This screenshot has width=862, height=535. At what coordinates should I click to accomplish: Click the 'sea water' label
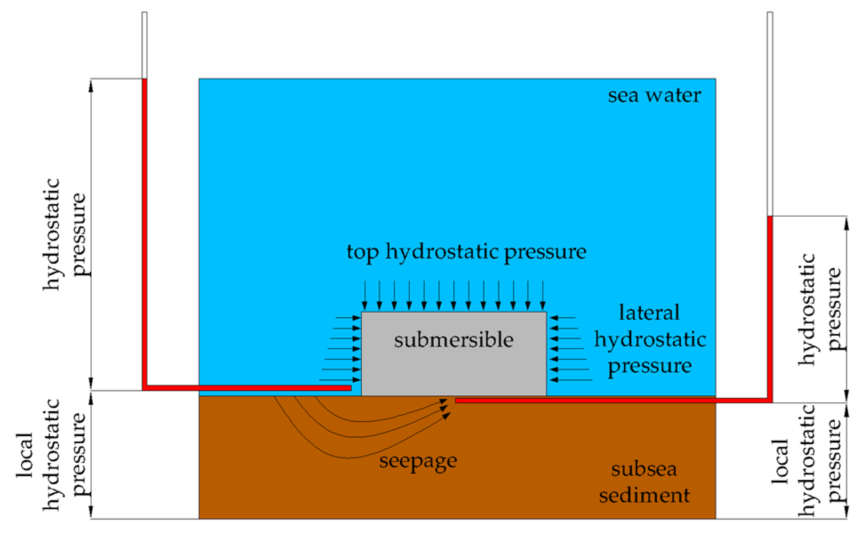point(654,96)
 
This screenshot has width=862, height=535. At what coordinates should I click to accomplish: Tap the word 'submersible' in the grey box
point(454,340)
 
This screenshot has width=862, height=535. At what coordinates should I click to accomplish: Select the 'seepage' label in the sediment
point(418,461)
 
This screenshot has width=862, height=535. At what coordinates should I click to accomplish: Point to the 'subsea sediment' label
point(644,482)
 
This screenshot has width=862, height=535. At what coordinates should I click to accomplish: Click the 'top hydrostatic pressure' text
point(466,252)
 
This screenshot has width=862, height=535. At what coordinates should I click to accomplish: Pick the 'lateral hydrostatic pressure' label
point(650,340)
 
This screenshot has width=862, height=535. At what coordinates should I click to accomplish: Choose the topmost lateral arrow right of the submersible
point(563,318)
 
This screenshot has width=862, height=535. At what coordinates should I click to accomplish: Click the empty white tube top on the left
point(144,44)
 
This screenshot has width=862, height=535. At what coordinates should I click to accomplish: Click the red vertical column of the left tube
point(144,231)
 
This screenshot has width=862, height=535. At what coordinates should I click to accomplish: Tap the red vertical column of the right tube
point(770,307)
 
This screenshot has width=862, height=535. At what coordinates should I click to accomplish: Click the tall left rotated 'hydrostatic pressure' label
point(64,234)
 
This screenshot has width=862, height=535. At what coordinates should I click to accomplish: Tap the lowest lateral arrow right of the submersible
point(571,380)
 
